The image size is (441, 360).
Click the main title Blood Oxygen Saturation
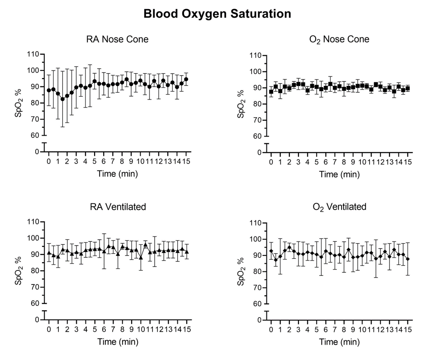pyautogui.click(x=217, y=14)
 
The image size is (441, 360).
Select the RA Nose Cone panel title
pyautogui.click(x=117, y=39)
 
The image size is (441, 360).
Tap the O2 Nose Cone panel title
pyautogui.click(x=339, y=39)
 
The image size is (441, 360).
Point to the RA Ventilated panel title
pyautogui.click(x=117, y=207)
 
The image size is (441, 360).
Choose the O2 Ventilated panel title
pyautogui.click(x=339, y=207)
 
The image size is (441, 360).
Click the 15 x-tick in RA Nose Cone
pyautogui.click(x=186, y=162)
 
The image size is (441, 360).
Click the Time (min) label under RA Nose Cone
pyautogui.click(x=117, y=173)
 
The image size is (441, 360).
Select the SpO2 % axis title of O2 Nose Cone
pyautogui.click(x=241, y=104)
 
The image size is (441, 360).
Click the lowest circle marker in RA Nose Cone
pyautogui.click(x=62, y=99)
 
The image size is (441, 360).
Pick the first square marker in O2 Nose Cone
pyautogui.click(x=271, y=92)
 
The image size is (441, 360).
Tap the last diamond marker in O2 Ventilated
pyautogui.click(x=408, y=259)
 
